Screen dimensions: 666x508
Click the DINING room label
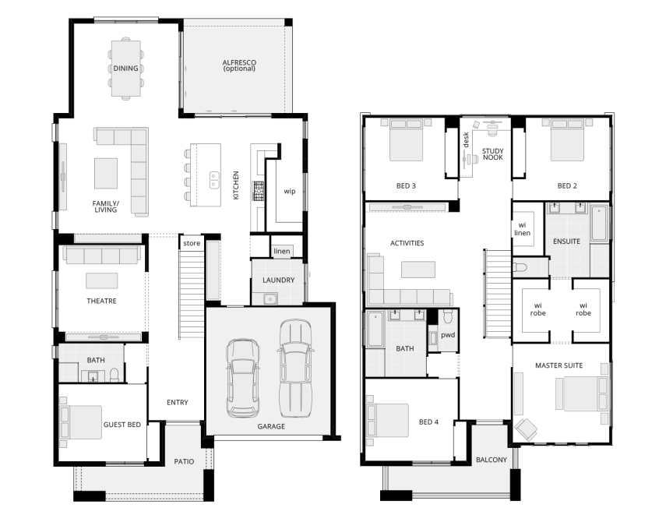125,68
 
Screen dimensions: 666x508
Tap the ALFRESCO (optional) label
239,65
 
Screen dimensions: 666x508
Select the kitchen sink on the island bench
214,180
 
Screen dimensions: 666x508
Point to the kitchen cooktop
259,190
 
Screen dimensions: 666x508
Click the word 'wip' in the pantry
290,191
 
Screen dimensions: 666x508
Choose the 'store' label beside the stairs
192,243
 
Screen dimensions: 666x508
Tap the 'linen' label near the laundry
282,251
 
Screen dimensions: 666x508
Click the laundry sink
270,299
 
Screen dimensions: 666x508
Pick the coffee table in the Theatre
102,280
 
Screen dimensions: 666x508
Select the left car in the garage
242,378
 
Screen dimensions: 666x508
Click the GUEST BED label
122,425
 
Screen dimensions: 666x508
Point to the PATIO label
184,461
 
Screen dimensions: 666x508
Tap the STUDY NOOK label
493,153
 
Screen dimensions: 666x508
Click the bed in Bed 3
406,140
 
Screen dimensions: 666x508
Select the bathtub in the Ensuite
600,224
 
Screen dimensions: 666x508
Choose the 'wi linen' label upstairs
522,229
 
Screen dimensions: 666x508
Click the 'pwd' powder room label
448,335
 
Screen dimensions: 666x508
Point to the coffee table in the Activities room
418,270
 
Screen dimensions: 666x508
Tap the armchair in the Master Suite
527,429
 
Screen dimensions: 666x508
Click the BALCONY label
492,460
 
